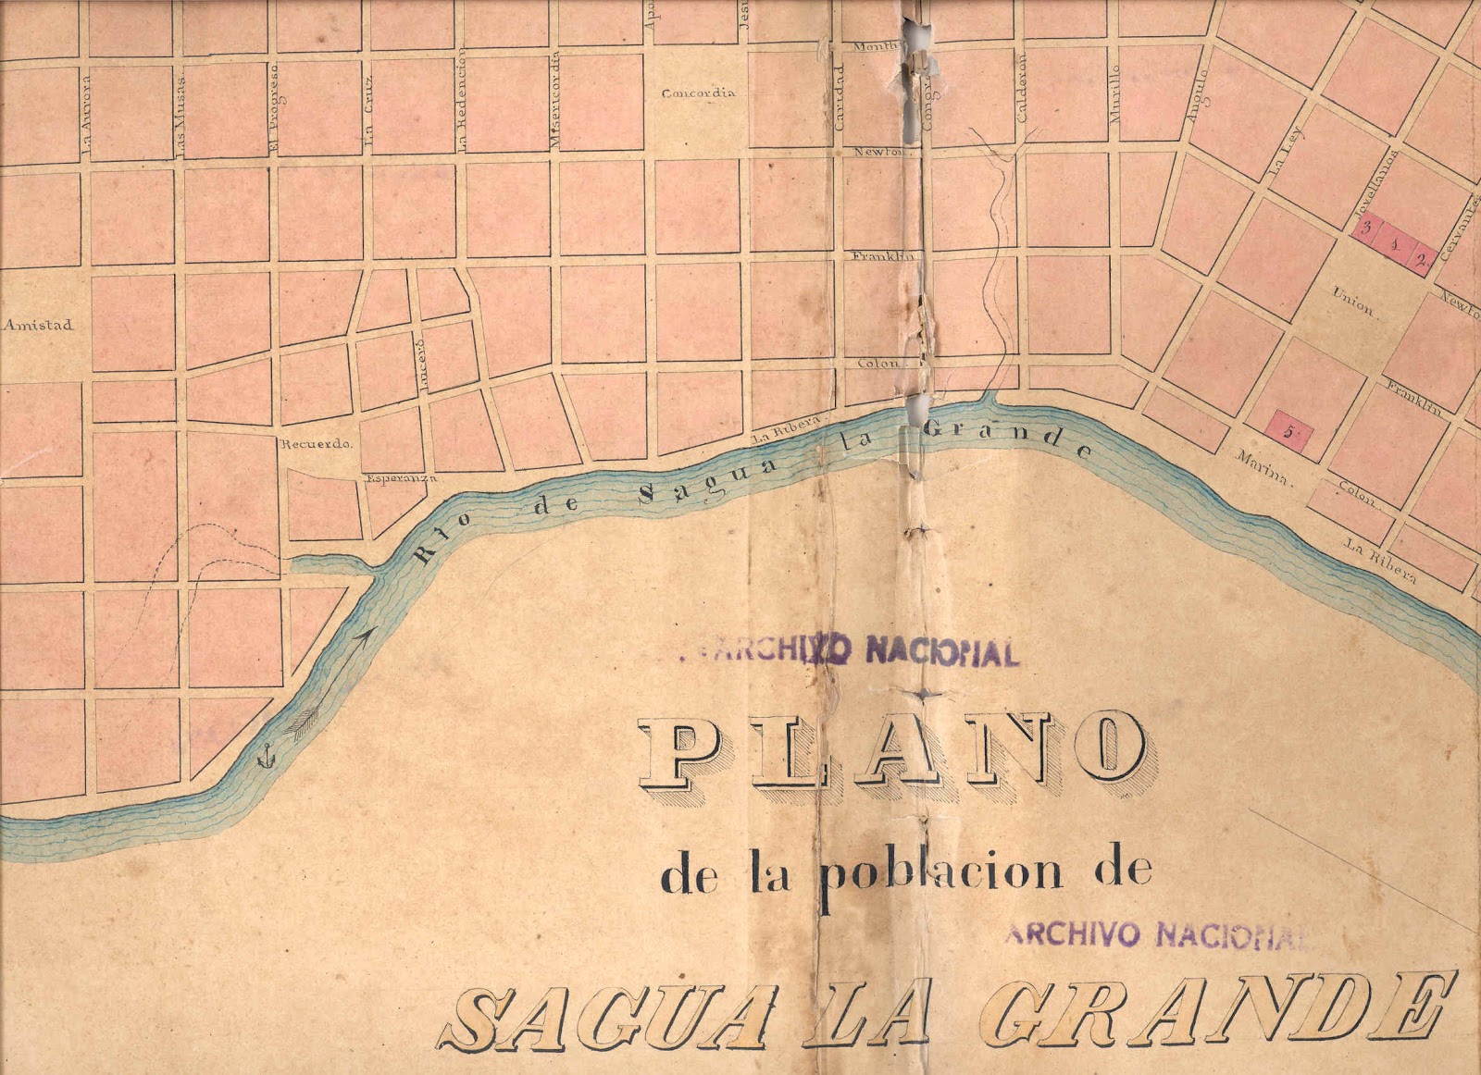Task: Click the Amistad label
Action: point(38,325)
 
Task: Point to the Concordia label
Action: point(699,93)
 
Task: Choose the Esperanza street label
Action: point(401,478)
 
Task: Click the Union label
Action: point(1352,302)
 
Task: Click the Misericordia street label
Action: point(554,101)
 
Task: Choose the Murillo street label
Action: point(1115,93)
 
